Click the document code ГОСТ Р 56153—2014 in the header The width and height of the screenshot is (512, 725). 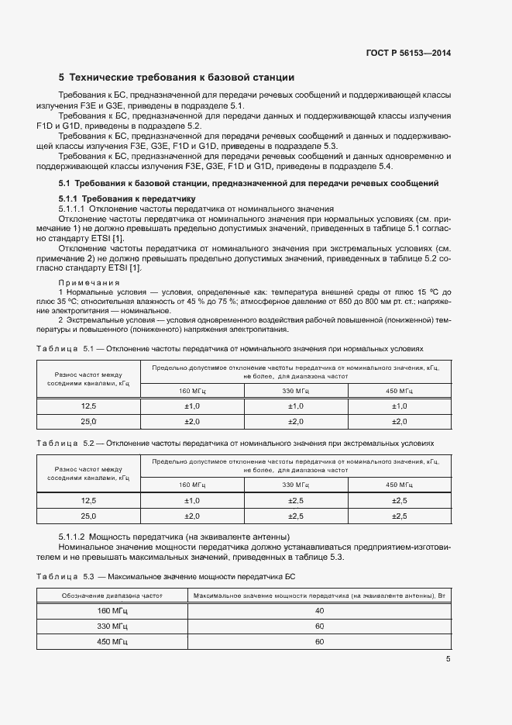click(x=408, y=54)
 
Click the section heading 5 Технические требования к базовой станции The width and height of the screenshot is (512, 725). click(x=177, y=78)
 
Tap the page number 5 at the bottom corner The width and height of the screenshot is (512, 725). click(x=448, y=659)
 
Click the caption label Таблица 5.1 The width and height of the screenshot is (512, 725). click(x=65, y=348)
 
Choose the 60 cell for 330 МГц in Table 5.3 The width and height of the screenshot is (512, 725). click(x=319, y=627)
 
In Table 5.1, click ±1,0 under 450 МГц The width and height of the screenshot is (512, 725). click(x=399, y=406)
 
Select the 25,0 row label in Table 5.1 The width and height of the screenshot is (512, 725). click(x=88, y=421)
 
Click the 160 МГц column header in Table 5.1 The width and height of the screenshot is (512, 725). click(x=191, y=391)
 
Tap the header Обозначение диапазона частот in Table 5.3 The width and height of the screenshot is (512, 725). click(x=112, y=596)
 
